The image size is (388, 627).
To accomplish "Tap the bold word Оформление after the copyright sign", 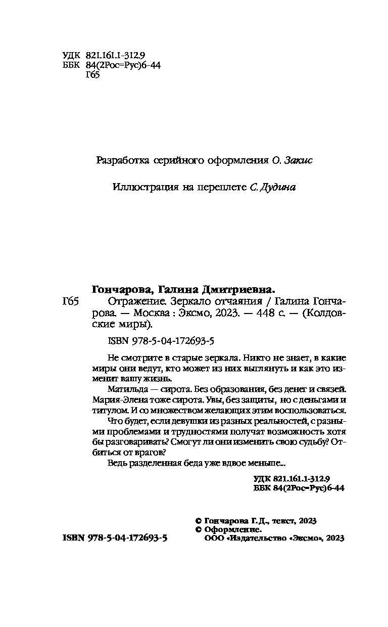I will coord(232,529).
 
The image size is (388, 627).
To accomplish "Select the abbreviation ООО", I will coord(212,539).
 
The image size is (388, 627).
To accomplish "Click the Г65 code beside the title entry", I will coord(69,302).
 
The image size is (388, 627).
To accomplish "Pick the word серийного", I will coord(177,161).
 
